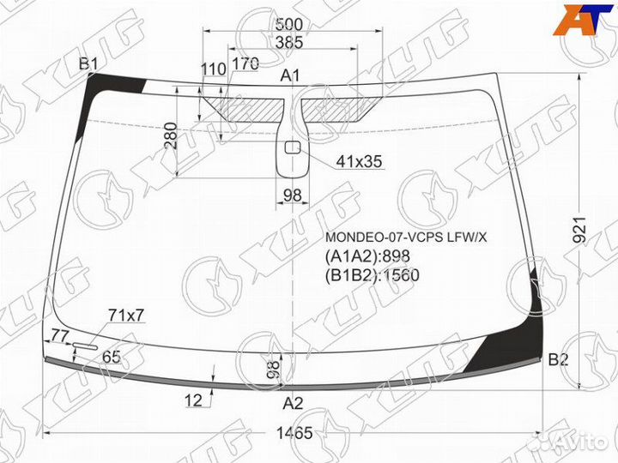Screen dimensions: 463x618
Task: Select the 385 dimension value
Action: (x=291, y=41)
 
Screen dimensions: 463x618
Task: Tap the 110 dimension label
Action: (x=213, y=69)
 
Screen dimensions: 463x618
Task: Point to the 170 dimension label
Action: (x=245, y=63)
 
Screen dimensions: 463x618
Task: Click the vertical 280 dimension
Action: (x=170, y=135)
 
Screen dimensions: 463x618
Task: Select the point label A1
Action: (x=290, y=76)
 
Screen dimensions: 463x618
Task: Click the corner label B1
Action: (x=89, y=63)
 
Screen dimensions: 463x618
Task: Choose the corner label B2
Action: (x=559, y=360)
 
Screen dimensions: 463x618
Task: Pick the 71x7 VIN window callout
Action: (x=125, y=316)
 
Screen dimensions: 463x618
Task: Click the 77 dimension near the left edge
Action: (x=60, y=335)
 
